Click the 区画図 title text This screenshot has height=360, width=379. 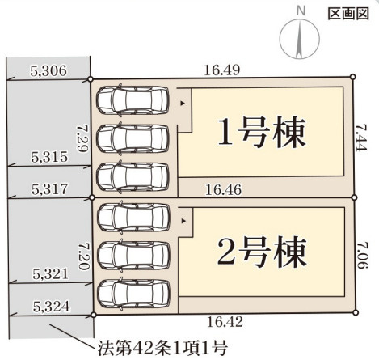pos(348,14)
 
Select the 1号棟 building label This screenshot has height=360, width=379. pos(262,132)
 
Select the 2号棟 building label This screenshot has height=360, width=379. pos(262,252)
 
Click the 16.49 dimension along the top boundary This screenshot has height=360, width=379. pos(222,70)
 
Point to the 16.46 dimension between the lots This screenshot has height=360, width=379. pos(224,190)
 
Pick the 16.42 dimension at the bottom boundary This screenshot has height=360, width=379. pos(225,322)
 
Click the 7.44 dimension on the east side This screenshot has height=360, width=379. pos(361,138)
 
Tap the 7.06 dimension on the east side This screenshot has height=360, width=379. pos(363,255)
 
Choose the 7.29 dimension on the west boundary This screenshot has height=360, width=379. pos(82,138)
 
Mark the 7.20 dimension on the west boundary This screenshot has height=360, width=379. pos(83,256)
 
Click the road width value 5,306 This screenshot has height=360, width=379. pos(48,71)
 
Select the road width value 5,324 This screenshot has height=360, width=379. pos(52,307)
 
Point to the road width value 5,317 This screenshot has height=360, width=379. pos(49,189)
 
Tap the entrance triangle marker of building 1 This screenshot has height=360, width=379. pos(183,104)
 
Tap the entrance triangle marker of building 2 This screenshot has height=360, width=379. pos(183,221)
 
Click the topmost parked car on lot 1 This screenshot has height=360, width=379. pos(133,100)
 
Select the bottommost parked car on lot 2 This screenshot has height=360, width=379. pos(133,294)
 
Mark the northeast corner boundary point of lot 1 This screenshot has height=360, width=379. pos(353,77)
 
